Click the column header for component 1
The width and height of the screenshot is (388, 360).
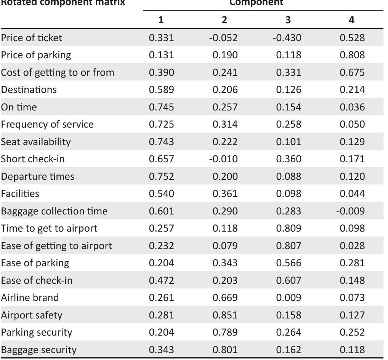tap(161, 20)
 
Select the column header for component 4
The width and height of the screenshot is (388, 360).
tap(351, 20)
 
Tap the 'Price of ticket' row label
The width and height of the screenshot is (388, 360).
tap(31, 38)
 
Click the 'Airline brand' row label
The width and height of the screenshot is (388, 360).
tap(30, 298)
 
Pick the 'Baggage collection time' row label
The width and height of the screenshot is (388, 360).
tap(54, 211)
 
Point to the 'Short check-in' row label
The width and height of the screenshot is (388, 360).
tap(33, 159)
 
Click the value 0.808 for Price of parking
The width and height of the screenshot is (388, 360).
tap(352, 55)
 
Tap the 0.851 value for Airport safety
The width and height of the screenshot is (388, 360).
tap(225, 315)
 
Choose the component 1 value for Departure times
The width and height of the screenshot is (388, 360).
tap(161, 176)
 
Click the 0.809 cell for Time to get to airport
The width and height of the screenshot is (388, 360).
tap(289, 228)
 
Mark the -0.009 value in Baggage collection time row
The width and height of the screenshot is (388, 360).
tap(350, 211)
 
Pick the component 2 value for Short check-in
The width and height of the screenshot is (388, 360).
tap(223, 159)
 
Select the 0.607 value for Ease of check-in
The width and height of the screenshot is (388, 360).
tap(289, 280)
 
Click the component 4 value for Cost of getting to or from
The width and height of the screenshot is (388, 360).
tap(352, 72)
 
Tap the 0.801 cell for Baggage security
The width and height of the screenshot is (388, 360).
tap(225, 350)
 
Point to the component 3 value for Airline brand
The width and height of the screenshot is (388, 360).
tap(289, 298)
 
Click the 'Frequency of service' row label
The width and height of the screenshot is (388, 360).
tap(47, 124)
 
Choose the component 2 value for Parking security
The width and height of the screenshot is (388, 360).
tap(225, 332)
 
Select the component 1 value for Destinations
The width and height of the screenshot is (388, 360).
tap(161, 90)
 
